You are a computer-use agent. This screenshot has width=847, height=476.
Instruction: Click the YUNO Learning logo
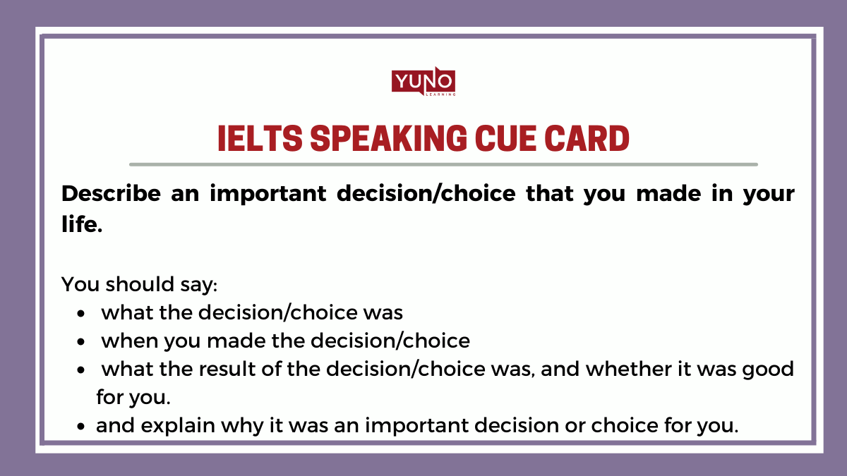click(423, 83)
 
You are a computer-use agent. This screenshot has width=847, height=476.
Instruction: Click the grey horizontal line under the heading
click(443, 164)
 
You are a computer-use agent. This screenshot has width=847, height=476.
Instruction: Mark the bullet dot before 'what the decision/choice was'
click(83, 314)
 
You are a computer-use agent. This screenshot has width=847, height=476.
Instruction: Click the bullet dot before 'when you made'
click(83, 342)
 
